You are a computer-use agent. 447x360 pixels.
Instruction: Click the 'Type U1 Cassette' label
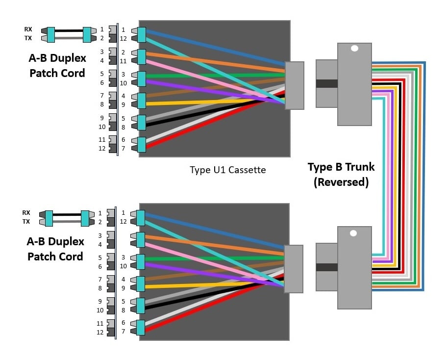click(x=227, y=170)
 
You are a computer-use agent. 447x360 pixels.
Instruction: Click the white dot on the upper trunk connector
click(x=354, y=49)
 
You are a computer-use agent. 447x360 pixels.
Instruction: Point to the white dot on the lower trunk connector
click(x=354, y=233)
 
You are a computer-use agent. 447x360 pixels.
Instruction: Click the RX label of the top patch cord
click(x=28, y=29)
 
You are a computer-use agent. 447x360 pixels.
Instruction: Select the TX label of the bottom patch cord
click(x=26, y=222)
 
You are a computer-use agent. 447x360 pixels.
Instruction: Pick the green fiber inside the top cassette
click(x=206, y=76)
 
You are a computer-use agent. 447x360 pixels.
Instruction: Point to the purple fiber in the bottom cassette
click(x=206, y=271)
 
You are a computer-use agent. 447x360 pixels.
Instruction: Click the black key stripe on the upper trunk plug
click(x=326, y=83)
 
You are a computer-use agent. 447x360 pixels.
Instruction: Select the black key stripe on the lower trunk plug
click(x=326, y=267)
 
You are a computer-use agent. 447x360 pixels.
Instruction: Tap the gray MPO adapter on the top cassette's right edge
click(x=294, y=85)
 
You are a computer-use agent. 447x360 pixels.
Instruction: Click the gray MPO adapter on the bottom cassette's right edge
click(x=294, y=269)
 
